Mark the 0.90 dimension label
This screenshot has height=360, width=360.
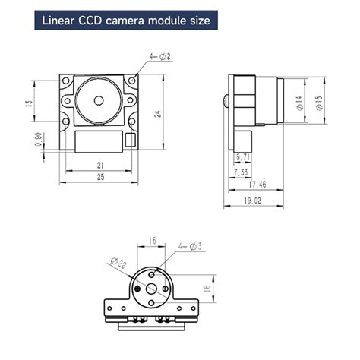[x=38, y=141]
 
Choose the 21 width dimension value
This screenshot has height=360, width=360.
[x=100, y=165]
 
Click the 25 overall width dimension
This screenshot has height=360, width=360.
[x=100, y=176]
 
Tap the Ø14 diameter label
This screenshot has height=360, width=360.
[x=299, y=103]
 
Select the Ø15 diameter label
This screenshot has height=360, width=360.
[x=319, y=103]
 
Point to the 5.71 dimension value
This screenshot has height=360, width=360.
[x=243, y=157]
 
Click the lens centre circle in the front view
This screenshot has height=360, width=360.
[x=99, y=100]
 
